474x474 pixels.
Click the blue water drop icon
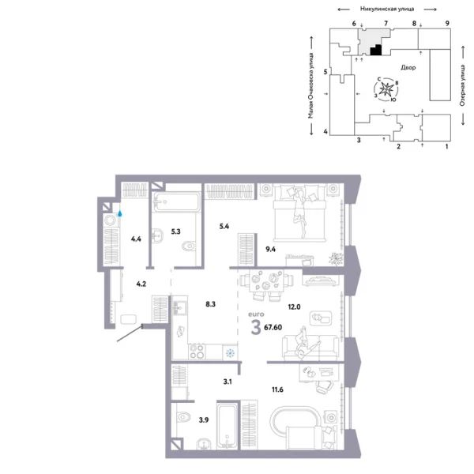click(120, 213)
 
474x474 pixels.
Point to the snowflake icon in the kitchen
click(230, 352)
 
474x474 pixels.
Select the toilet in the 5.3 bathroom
click(187, 248)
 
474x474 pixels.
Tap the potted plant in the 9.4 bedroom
click(337, 257)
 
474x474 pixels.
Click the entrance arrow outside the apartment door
click(126, 337)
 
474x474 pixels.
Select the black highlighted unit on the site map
click(377, 51)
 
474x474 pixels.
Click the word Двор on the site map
click(408, 68)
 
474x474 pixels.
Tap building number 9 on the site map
click(447, 24)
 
